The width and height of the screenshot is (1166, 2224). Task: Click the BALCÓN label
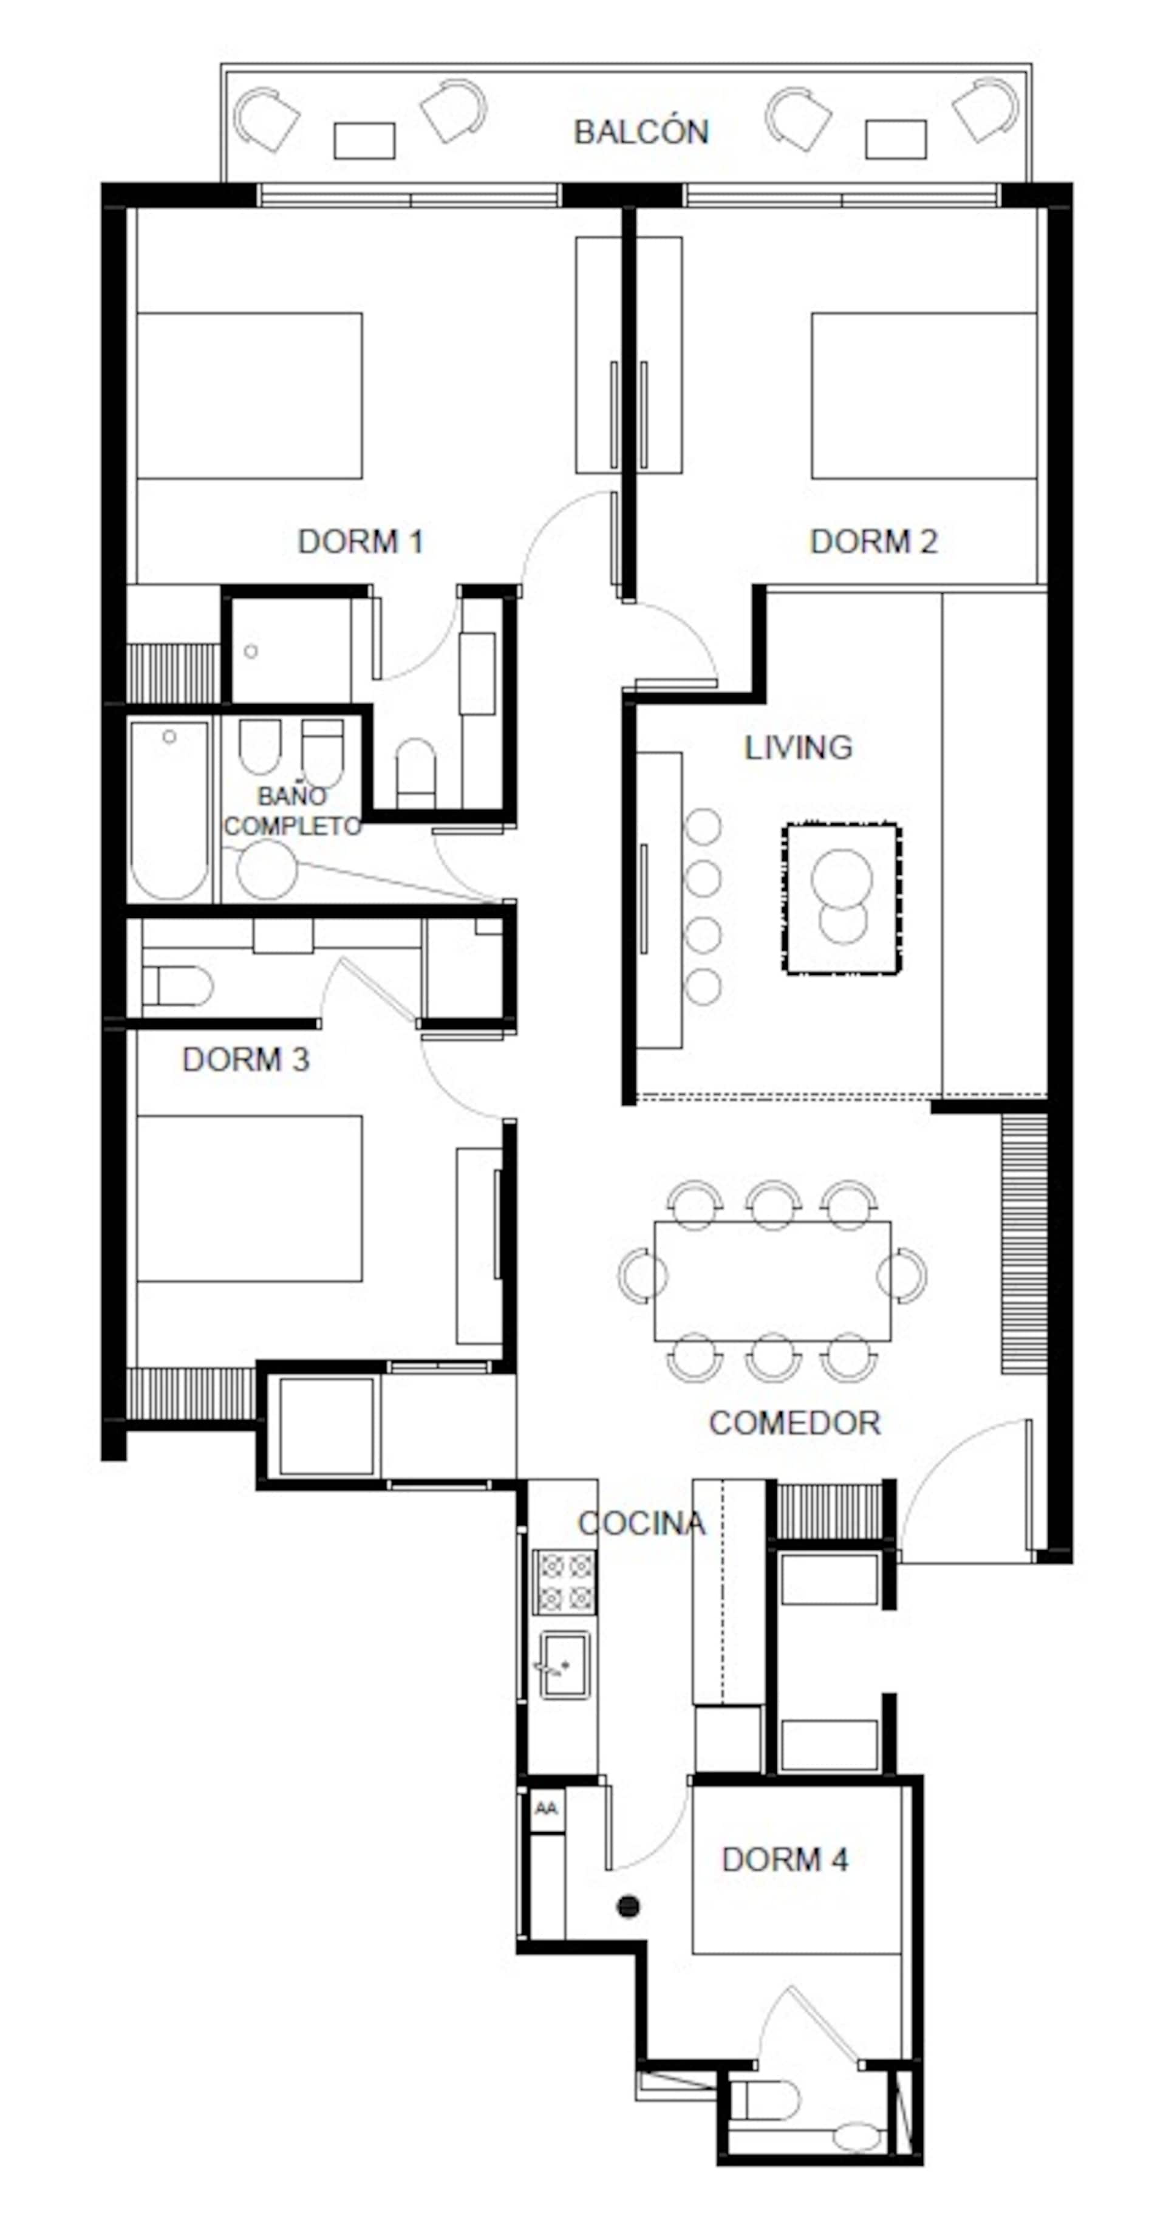pyautogui.click(x=641, y=131)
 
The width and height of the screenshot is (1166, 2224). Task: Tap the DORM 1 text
pyautogui.click(x=360, y=541)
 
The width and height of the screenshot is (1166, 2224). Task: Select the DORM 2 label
pyautogui.click(x=873, y=541)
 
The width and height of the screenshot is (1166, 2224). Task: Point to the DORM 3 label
pyautogui.click(x=246, y=1059)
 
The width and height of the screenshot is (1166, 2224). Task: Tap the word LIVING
pyautogui.click(x=799, y=747)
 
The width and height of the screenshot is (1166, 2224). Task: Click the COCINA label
pyautogui.click(x=641, y=1523)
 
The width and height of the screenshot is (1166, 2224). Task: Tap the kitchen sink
pyautogui.click(x=565, y=1665)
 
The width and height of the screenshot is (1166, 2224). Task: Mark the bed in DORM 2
pyautogui.click(x=924, y=395)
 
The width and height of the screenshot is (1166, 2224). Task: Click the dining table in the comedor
pyautogui.click(x=772, y=1281)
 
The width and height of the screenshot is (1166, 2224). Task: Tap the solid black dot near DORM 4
pyautogui.click(x=629, y=1906)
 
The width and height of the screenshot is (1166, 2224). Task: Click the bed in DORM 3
pyautogui.click(x=250, y=1199)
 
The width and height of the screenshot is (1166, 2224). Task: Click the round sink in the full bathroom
pyautogui.click(x=267, y=869)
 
